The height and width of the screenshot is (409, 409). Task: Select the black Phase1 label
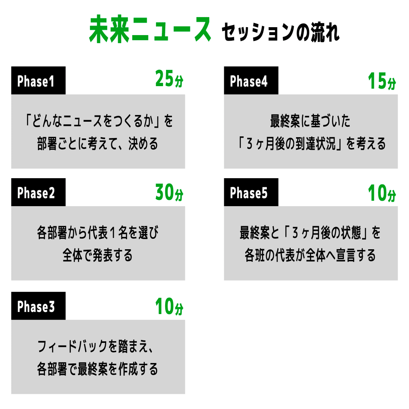click(x=38, y=81)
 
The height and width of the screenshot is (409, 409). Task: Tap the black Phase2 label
click(x=38, y=193)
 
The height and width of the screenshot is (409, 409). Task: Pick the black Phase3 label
click(x=38, y=306)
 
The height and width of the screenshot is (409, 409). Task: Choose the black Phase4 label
click(x=251, y=81)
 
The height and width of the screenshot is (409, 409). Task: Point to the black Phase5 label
click(x=251, y=193)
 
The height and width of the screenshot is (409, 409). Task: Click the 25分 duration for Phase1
click(x=169, y=79)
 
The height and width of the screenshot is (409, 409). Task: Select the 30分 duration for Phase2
click(x=169, y=192)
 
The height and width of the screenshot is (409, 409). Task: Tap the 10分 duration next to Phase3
click(x=169, y=306)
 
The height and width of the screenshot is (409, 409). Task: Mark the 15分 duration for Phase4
click(x=381, y=81)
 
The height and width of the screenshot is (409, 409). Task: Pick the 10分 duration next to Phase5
click(x=381, y=193)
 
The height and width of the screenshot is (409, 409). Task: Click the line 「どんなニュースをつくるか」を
click(x=98, y=121)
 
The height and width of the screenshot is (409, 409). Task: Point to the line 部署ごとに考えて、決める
click(x=98, y=144)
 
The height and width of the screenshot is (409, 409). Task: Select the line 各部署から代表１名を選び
click(x=98, y=233)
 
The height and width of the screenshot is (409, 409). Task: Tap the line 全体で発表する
click(x=98, y=255)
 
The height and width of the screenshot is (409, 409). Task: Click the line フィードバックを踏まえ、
click(x=98, y=346)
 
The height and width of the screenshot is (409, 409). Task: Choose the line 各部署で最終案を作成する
click(x=98, y=369)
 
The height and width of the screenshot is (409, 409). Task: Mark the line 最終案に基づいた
click(x=310, y=121)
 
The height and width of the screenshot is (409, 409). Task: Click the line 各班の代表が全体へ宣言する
click(x=310, y=255)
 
